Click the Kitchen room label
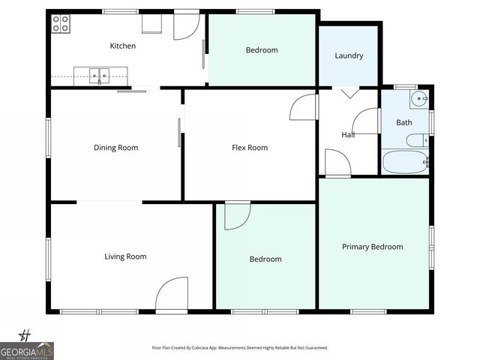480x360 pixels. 123,46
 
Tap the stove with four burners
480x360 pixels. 60,24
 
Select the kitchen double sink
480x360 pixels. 100,74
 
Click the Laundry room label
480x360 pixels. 349,55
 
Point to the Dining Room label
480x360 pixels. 115,148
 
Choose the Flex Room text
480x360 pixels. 250,148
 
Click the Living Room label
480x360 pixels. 125,256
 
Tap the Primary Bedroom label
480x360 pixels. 372,247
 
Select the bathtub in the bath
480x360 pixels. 404,162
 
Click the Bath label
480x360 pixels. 404,122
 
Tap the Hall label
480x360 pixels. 348,135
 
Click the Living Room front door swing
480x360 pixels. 172,295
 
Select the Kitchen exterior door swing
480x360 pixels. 185,26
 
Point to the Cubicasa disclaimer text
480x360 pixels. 240,348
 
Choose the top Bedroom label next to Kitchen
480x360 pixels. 262,50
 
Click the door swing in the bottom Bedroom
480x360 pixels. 237,216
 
